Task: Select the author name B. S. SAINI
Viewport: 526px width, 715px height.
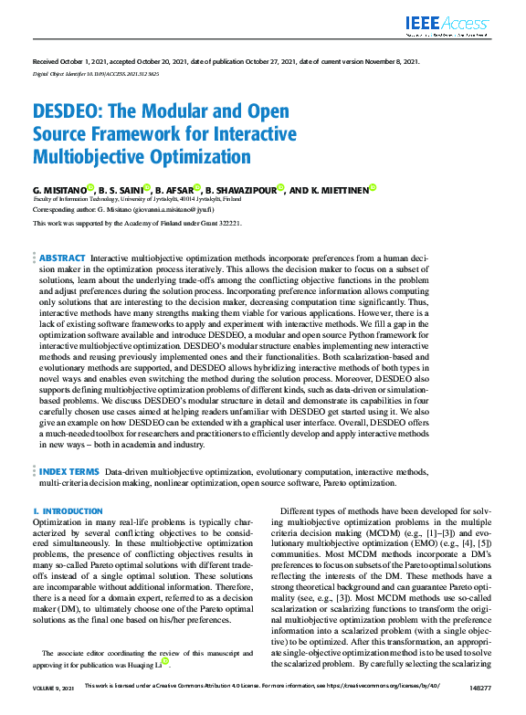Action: coord(119,189)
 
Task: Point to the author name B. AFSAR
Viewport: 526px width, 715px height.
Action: coord(174,189)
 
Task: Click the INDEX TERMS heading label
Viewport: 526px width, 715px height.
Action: coord(69,471)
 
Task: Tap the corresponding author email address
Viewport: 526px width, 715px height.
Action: coord(192,209)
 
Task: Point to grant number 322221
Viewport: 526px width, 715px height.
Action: coord(227,223)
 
